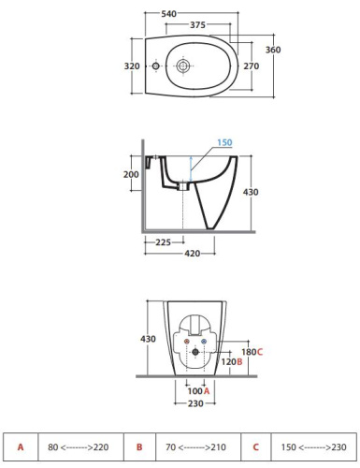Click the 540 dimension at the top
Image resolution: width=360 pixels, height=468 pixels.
[x=168, y=14]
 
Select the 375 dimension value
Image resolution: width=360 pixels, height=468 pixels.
[x=197, y=24]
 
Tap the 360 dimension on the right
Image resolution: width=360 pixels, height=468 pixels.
[x=273, y=50]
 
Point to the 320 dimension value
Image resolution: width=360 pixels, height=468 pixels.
[x=132, y=66]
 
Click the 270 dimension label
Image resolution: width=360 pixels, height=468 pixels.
[x=252, y=66]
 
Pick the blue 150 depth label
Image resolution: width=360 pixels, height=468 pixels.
[x=224, y=142]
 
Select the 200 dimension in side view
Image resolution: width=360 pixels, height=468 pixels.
[x=131, y=174]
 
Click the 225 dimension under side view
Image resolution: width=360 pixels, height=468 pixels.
[x=163, y=242]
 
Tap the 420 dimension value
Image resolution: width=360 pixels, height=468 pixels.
[x=193, y=254]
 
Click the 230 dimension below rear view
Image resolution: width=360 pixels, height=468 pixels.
[x=195, y=403]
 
